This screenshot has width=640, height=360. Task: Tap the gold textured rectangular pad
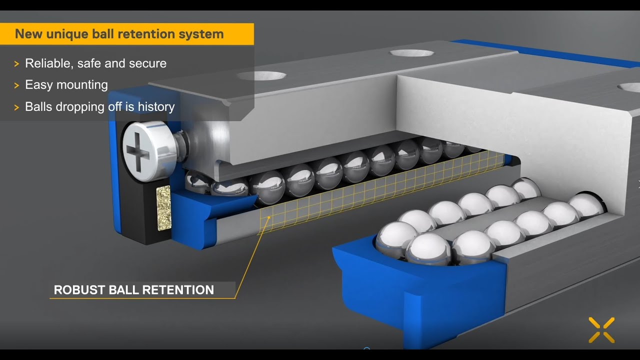tap(164, 208)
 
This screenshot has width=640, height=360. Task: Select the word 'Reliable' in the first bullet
tap(46, 63)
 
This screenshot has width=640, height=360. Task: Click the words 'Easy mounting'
tap(66, 85)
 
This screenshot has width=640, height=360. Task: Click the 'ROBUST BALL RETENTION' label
tap(133, 290)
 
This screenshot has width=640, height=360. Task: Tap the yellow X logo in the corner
tap(601, 330)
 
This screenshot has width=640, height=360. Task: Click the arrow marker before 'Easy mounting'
tap(16, 85)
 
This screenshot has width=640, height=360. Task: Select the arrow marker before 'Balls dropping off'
tap(16, 107)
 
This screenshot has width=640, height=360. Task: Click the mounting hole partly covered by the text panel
tap(261, 76)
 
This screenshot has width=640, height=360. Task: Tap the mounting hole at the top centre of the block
tap(412, 52)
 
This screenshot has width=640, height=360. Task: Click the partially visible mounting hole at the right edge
tap(630, 87)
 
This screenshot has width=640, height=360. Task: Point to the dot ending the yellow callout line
tap(269, 217)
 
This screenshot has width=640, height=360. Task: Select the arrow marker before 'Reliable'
tap(16, 64)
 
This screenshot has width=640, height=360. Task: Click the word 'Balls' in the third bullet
tap(38, 106)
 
